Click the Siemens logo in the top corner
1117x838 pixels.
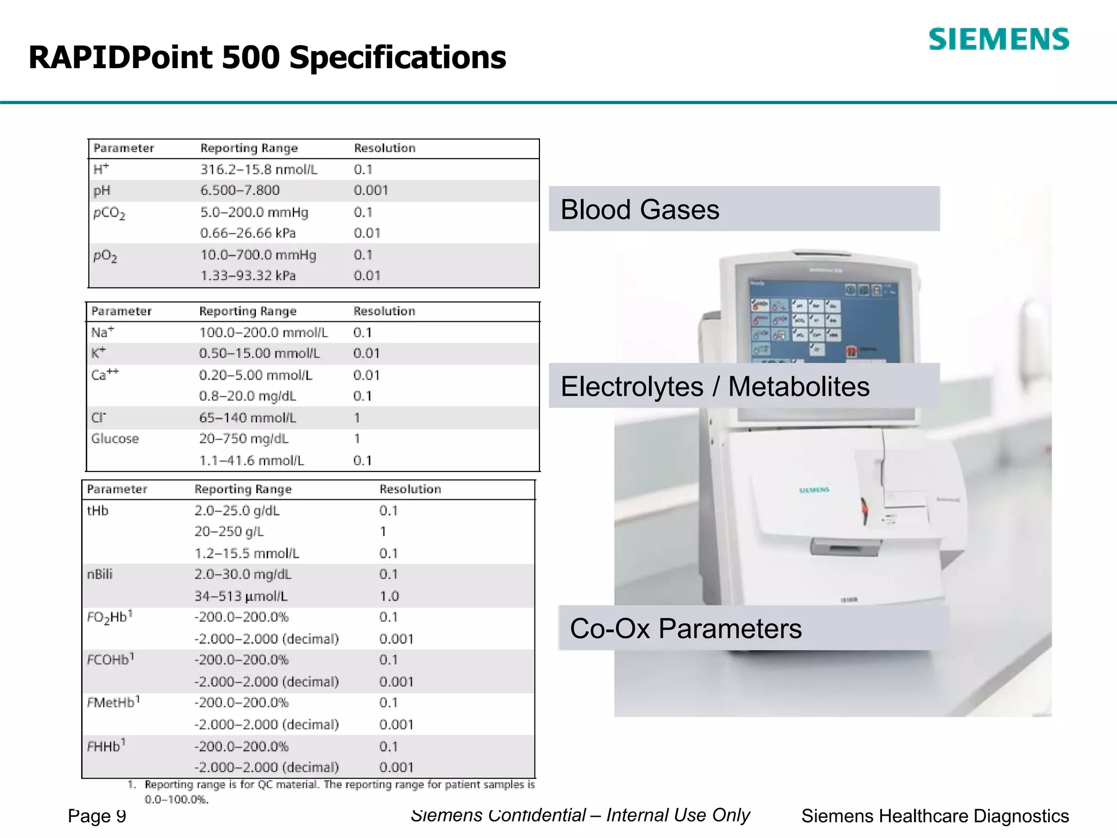coord(998,39)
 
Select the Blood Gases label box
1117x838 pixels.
coord(744,209)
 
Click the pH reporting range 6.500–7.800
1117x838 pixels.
coord(239,190)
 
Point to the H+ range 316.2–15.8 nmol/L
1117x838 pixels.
coord(259,170)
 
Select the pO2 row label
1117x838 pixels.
coord(105,256)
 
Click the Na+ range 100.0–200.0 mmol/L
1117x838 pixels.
coord(263,332)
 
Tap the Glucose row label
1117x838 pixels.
coord(115,439)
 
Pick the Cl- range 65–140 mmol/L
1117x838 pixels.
coord(247,418)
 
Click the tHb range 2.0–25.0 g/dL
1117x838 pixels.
coord(237,511)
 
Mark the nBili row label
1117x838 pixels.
coord(100,574)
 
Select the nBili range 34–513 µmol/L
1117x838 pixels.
coord(241,596)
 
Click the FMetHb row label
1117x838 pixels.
coord(113,702)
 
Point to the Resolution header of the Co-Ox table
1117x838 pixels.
coord(410,489)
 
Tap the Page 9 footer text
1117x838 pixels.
coord(97,816)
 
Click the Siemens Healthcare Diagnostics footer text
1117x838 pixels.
coord(935,816)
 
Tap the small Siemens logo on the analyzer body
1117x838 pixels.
coord(814,490)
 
